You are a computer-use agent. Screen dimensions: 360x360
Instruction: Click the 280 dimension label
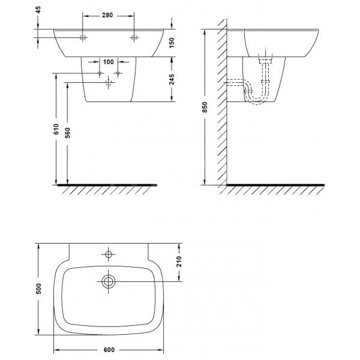tap(107, 15)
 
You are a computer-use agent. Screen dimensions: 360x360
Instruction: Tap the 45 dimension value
tap(38, 10)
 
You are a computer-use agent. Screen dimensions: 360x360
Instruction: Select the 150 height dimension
tap(172, 43)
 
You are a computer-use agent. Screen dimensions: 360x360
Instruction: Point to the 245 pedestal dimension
tap(172, 79)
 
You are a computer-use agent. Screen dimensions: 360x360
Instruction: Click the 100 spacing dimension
tap(109, 62)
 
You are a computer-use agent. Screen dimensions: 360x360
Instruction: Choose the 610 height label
tap(56, 129)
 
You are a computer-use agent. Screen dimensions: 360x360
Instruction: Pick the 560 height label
tap(67, 133)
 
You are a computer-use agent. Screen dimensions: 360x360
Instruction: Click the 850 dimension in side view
tap(205, 107)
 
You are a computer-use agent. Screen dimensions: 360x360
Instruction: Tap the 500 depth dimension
tap(38, 289)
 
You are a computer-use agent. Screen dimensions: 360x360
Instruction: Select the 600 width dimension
tap(109, 350)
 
